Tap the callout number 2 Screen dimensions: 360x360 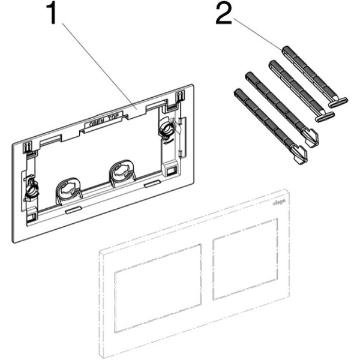224,15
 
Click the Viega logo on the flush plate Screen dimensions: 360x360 280,205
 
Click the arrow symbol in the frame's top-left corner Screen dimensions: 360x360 26,147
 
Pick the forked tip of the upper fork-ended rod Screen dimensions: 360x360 313,139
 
